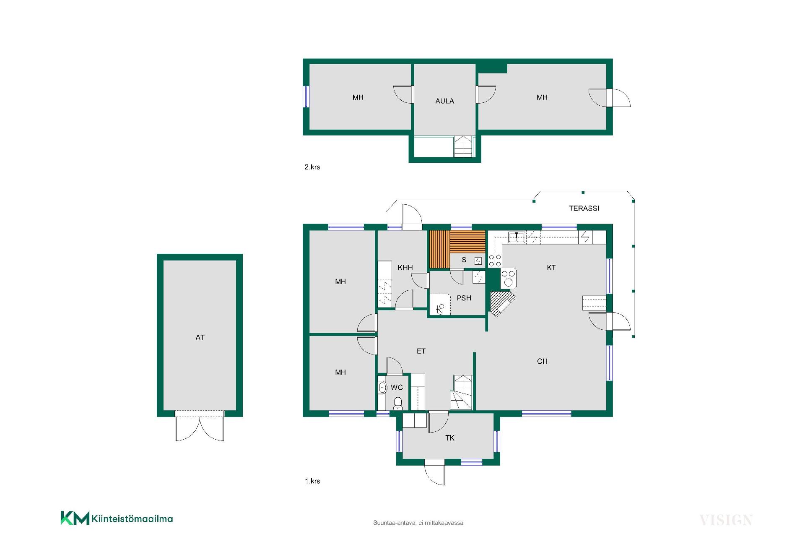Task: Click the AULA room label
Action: [x=444, y=101]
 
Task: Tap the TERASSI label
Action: [x=584, y=208]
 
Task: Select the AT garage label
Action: [x=200, y=337]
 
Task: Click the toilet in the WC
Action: [x=398, y=403]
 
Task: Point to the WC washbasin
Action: [x=382, y=388]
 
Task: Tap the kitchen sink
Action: [x=517, y=237]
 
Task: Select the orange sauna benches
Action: [x=457, y=249]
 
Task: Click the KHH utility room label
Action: [x=405, y=268]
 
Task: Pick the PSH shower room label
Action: [x=464, y=298]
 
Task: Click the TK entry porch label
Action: [x=449, y=438]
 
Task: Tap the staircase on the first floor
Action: [x=462, y=393]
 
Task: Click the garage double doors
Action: [x=200, y=426]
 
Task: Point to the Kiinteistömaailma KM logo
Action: [x=117, y=518]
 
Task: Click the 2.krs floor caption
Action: [x=312, y=167]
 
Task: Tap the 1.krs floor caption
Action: [x=312, y=481]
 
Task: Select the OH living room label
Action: [x=542, y=361]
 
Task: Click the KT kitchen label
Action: [x=551, y=268]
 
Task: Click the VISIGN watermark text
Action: [x=726, y=520]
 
